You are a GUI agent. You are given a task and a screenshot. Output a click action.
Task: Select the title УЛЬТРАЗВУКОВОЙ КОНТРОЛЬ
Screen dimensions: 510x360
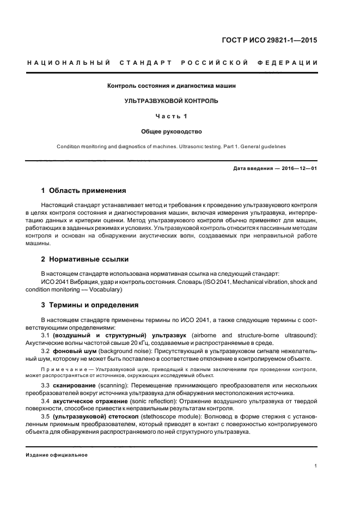coord(172,101)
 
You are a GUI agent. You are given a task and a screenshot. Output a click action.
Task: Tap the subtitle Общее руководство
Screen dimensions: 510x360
coord(172,131)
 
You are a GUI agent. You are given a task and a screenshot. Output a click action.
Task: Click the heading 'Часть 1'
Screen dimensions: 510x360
coord(172,116)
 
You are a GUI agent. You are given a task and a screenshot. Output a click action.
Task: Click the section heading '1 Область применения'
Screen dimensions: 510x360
coord(84,191)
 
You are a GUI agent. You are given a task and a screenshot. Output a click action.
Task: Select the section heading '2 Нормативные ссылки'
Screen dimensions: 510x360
coord(85,259)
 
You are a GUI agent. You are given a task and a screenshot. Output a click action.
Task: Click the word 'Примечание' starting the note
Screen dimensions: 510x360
coord(64,369)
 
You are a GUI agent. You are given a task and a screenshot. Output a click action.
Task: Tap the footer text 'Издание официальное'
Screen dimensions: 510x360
coord(57,455)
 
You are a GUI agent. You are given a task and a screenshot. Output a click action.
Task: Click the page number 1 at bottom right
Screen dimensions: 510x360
coord(316,466)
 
